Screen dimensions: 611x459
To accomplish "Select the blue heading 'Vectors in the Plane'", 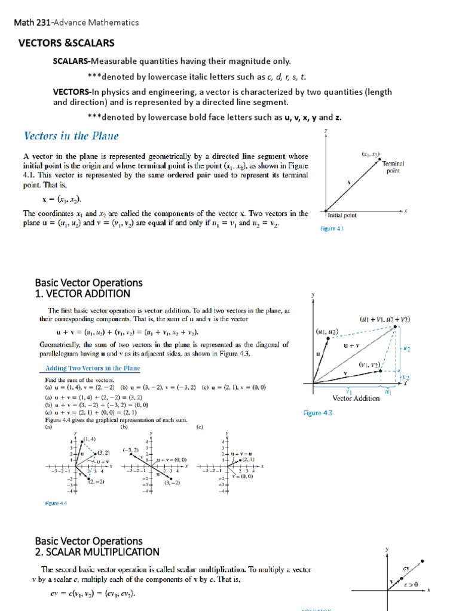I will (x=71, y=136).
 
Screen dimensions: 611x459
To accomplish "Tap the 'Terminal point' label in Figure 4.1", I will (x=393, y=167).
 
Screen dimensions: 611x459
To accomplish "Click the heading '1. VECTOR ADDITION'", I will (x=82, y=294).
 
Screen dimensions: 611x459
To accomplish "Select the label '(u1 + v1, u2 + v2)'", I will (x=385, y=320).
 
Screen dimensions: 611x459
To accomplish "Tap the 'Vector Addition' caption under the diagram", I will (x=356, y=399).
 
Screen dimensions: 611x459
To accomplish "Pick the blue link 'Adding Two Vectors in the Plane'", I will (x=88, y=368).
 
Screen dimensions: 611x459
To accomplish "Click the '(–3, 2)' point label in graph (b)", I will (x=131, y=449).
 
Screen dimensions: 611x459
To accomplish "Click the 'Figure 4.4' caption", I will (x=56, y=504).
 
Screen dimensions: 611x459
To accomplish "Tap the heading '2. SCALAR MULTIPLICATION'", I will (x=97, y=552).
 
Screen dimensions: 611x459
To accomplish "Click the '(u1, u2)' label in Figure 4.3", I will (x=327, y=331).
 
